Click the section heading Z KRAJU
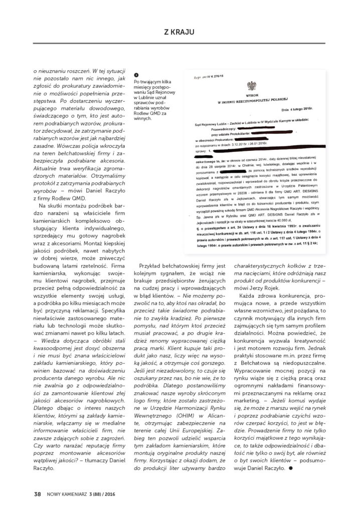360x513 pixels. pyautogui.click(x=180, y=32)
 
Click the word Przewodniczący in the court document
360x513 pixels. pyautogui.click(x=225, y=126)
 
